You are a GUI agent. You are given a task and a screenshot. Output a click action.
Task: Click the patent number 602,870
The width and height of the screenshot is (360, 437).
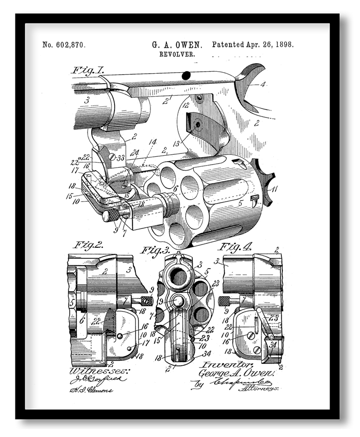point(64,45)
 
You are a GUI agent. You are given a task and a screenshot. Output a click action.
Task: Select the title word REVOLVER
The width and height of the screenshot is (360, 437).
point(177,54)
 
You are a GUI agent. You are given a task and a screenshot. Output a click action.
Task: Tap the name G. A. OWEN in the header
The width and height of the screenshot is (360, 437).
point(177,45)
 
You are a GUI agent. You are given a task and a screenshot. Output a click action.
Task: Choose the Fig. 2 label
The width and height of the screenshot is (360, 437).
point(88,245)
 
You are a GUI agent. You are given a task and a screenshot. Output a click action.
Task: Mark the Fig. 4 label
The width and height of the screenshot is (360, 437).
point(238,246)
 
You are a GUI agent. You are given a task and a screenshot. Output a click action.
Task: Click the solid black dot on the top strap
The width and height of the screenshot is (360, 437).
point(186,76)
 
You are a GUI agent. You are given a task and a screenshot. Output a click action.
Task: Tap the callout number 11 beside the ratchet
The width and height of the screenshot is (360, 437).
point(274,189)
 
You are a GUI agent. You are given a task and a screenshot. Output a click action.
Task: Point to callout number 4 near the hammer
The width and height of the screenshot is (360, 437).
point(263,84)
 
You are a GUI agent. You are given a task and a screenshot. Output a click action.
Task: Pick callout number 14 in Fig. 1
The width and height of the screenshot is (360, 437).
point(153,142)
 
